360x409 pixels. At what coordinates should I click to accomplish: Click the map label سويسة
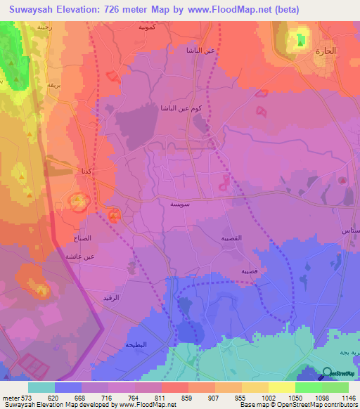point(179,203)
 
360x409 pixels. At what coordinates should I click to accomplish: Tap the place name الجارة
point(326,51)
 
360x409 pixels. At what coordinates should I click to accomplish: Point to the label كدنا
point(84,171)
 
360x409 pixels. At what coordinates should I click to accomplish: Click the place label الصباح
point(82,239)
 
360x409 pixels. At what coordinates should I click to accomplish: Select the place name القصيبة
point(232,238)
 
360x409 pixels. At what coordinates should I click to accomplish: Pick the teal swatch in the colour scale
point(41,387)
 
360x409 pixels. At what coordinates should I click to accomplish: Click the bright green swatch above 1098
point(309,387)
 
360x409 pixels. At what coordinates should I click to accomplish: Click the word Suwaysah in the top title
point(35,10)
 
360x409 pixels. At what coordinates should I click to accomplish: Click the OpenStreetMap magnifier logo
point(328,374)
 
